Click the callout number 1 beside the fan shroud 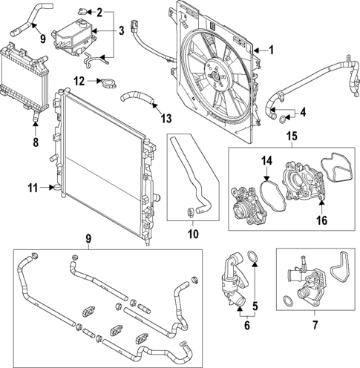tap(272, 50)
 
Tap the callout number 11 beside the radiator tap(31, 189)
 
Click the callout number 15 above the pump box tap(292, 137)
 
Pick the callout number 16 tap(321, 220)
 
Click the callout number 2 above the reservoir tap(120, 13)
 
